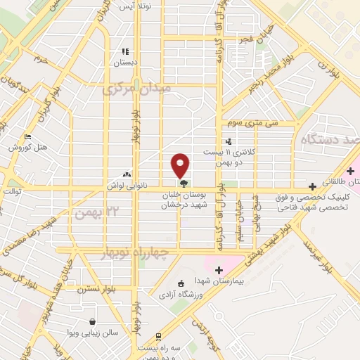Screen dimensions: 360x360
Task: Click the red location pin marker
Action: coord(181,165)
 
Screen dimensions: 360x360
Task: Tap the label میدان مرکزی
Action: coord(136,90)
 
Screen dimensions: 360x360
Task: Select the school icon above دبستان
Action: coord(125,51)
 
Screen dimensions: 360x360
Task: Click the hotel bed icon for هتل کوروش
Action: coord(27,136)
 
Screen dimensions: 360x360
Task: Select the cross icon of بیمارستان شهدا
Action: coord(219,270)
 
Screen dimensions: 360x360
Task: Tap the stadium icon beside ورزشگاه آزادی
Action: coord(181,283)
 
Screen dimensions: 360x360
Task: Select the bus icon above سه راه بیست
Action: coord(159,337)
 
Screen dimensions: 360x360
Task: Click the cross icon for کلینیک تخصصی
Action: coord(313,187)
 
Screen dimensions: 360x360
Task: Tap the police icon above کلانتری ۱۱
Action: coord(228,141)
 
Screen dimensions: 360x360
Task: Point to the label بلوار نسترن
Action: coord(96,288)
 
